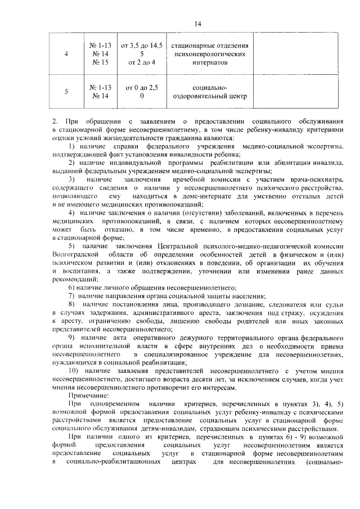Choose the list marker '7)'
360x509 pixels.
coord(71,295)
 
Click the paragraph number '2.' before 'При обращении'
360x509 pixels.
coord(54,121)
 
